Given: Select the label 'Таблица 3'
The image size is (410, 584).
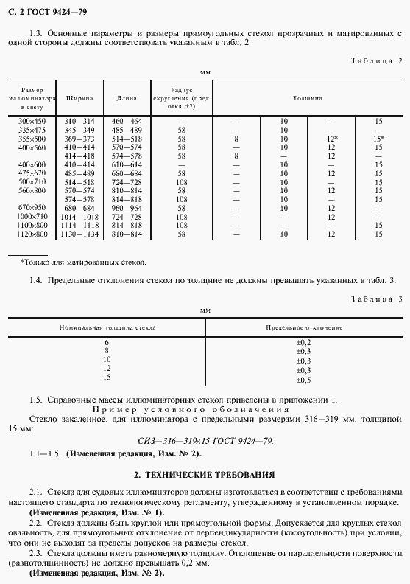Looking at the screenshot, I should click(x=376, y=299).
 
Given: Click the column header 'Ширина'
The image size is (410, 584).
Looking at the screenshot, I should click(x=79, y=97).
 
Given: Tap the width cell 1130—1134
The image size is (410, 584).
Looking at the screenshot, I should click(x=79, y=234).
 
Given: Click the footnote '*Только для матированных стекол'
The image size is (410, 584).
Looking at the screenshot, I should click(x=83, y=262).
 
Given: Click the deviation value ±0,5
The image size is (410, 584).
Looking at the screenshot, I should click(x=304, y=380).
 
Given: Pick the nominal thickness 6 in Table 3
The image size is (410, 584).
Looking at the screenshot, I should click(x=107, y=343).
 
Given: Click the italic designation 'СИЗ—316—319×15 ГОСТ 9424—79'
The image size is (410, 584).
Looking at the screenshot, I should click(x=205, y=440).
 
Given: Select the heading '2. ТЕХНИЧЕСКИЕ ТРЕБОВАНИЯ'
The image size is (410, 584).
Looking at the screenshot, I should click(x=205, y=474).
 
